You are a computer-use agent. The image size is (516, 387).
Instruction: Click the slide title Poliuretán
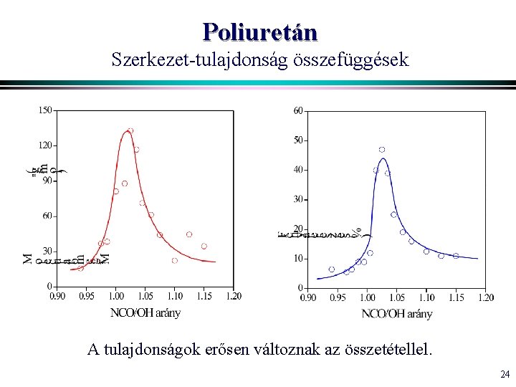click(259, 32)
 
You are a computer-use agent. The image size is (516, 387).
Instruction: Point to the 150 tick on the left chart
click(44, 110)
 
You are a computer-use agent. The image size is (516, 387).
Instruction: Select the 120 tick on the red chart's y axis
click(44, 145)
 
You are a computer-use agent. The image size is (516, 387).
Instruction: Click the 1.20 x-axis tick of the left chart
click(233, 295)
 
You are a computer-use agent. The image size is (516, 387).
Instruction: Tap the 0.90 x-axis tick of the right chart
click(307, 297)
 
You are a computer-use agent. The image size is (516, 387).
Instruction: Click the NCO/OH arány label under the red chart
click(145, 312)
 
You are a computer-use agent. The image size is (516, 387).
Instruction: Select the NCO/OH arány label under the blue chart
click(396, 313)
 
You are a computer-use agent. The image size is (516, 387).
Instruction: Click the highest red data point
click(130, 131)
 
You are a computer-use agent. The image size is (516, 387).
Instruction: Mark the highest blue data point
click(382, 150)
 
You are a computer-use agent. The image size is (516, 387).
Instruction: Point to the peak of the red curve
click(128, 133)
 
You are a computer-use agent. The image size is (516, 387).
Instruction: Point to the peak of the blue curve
click(383, 158)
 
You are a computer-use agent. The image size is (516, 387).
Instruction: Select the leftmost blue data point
click(331, 269)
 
